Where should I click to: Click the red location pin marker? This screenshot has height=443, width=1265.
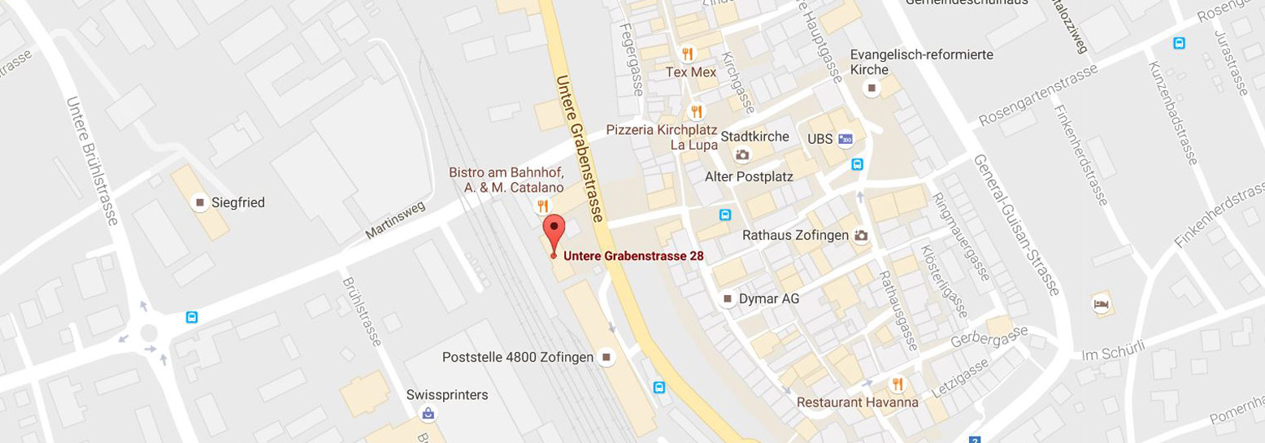click(x=554, y=232)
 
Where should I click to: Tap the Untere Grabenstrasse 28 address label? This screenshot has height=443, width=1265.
click(x=633, y=255)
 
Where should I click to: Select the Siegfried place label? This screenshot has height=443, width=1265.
click(x=237, y=202)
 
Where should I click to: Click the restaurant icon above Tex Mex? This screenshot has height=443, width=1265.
click(x=688, y=54)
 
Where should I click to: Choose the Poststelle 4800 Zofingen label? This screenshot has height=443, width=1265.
click(x=518, y=357)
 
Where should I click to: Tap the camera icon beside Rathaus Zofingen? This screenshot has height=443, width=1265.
click(x=862, y=236)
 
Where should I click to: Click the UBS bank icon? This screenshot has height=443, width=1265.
click(x=846, y=139)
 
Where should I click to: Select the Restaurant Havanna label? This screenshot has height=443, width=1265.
click(x=857, y=402)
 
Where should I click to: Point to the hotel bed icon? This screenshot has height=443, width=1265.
click(x=1101, y=304)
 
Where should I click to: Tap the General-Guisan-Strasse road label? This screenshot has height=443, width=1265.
click(x=1017, y=225)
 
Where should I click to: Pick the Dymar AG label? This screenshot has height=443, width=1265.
click(x=768, y=299)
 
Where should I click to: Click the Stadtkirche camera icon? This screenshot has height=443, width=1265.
click(x=742, y=154)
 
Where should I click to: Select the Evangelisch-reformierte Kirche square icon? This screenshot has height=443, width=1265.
click(x=872, y=88)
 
